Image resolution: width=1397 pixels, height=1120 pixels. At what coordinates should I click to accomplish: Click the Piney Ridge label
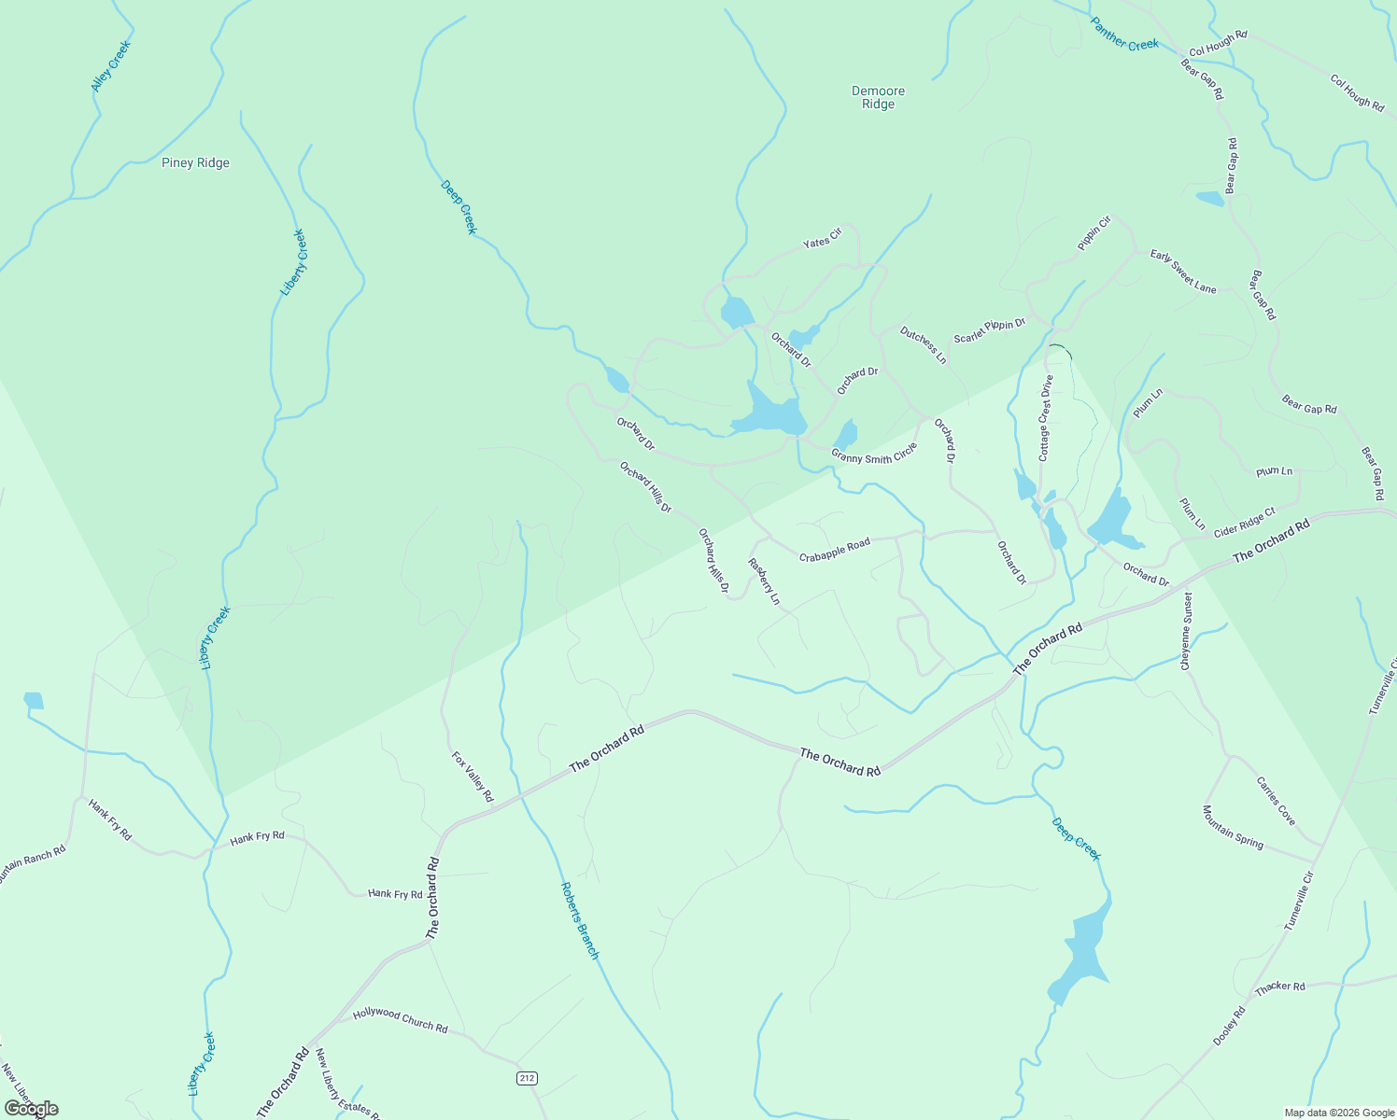[x=195, y=163]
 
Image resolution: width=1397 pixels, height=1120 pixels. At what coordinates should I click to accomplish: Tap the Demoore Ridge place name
[x=879, y=98]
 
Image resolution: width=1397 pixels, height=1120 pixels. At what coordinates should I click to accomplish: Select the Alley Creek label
[x=111, y=66]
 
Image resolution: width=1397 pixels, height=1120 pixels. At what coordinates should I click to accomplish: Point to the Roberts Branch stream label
[x=579, y=920]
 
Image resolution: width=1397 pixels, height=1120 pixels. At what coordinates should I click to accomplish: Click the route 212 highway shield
[x=528, y=1078]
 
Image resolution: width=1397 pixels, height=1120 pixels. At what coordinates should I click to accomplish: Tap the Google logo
[x=31, y=1109]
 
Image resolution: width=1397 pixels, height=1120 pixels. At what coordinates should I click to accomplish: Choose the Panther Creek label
[x=1125, y=33]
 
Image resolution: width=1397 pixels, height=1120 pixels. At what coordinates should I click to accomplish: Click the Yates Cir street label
[x=823, y=238]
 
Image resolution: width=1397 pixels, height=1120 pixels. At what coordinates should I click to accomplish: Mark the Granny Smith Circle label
[x=874, y=454]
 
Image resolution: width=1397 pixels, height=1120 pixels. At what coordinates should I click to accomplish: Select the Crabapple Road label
[x=835, y=550]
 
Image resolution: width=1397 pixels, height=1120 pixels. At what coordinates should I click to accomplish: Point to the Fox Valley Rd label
[x=473, y=777]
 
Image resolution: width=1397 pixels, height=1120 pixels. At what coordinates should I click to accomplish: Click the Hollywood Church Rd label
[x=401, y=1020]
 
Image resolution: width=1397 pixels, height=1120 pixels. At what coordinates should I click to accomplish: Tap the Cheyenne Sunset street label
[x=1187, y=631]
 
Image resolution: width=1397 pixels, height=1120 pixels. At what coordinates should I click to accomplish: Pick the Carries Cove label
[x=1276, y=801]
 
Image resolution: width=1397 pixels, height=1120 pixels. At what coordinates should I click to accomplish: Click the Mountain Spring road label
[x=1233, y=827]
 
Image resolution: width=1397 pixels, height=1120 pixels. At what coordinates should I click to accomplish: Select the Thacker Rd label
[x=1280, y=987]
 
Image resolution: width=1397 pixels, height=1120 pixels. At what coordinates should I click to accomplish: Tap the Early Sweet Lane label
[x=1183, y=272]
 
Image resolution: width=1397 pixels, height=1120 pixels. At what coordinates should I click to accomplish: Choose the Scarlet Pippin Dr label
[x=989, y=330]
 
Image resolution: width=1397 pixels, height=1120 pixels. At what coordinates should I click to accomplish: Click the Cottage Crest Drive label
[x=1046, y=418]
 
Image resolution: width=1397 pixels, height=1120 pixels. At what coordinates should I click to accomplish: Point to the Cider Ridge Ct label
[x=1245, y=523]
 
